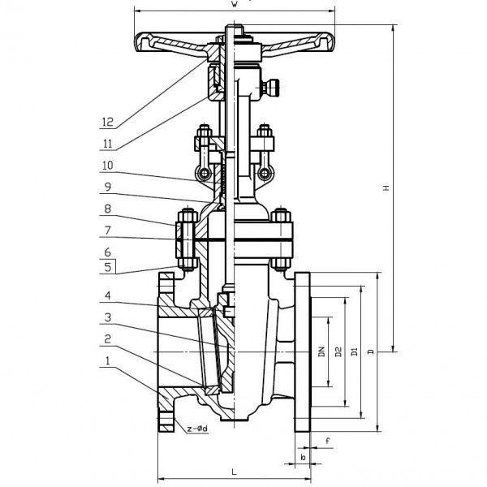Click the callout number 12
(x=107, y=123)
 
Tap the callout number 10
(x=107, y=166)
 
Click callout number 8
(x=107, y=210)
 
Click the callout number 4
(x=107, y=296)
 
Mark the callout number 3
(x=107, y=317)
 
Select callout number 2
(x=107, y=339)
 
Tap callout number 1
(x=107, y=362)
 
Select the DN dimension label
(x=321, y=351)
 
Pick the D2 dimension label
(x=338, y=351)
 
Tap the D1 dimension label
(x=354, y=351)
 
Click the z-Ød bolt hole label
(x=197, y=427)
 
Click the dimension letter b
(x=303, y=457)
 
